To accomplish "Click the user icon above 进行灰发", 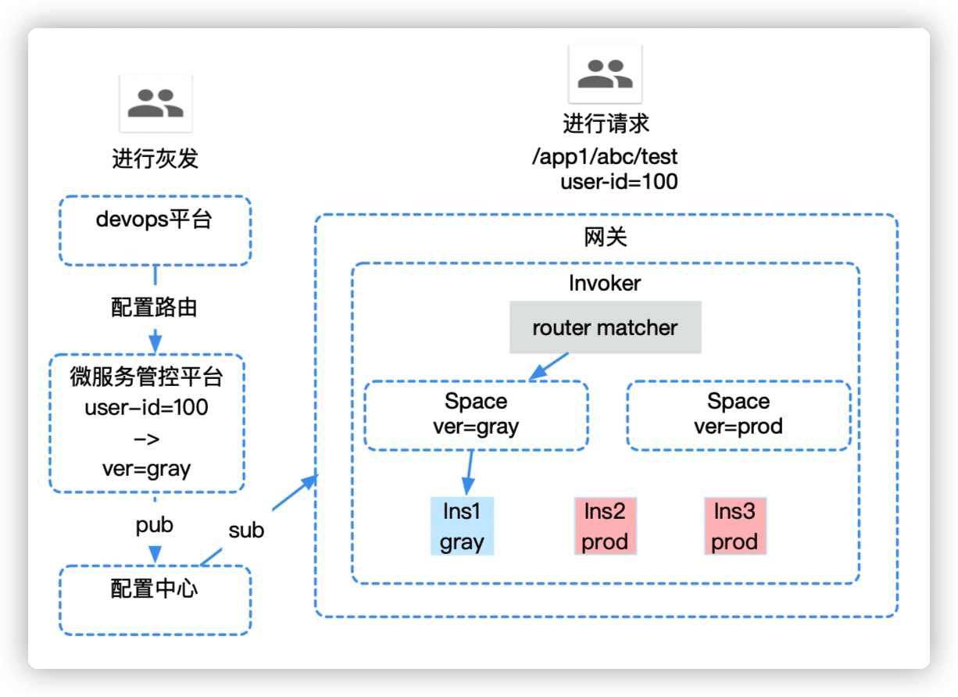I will [x=155, y=103].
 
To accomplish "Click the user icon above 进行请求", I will [x=605, y=73].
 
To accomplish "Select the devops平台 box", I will [x=155, y=231].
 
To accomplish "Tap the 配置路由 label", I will [x=155, y=308].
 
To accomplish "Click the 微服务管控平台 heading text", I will [x=147, y=378].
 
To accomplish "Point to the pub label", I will [x=155, y=524].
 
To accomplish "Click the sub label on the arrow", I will [x=246, y=531].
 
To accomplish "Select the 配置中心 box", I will [x=155, y=599].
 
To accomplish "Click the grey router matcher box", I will [x=605, y=327].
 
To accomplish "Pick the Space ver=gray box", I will [x=476, y=415].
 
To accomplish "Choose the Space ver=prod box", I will [x=738, y=415].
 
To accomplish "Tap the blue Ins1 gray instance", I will [x=463, y=527].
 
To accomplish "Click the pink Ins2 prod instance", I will [x=605, y=527].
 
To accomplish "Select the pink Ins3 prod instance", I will [x=735, y=527].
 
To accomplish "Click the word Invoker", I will [x=605, y=283].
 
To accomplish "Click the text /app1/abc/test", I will [x=605, y=157].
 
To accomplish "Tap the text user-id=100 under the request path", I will [x=619, y=183].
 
